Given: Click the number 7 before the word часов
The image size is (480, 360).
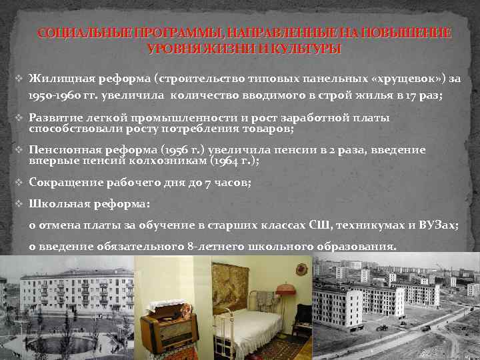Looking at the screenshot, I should click(211, 182).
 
